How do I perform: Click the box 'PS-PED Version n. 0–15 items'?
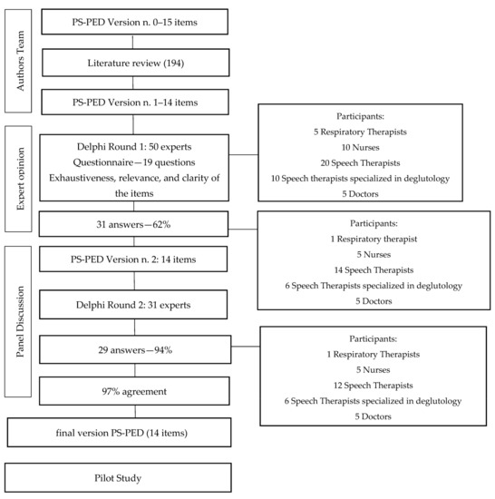[132, 21]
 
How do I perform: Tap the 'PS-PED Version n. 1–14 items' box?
[132, 103]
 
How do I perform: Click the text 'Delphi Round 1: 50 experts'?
[132, 148]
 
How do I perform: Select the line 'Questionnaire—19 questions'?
[132, 164]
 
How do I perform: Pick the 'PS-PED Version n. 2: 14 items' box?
[132, 261]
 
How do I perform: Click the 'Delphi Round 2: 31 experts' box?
[132, 303]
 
